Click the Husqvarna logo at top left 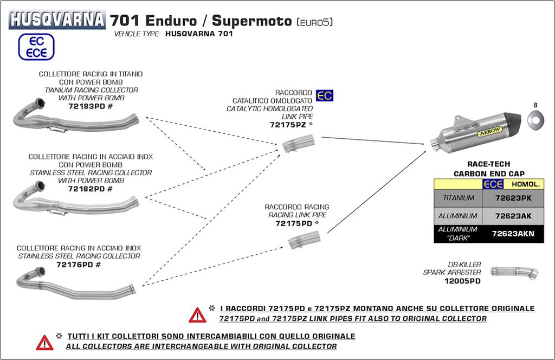(x=56, y=20)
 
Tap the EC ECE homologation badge (x=36, y=47)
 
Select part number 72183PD (x=87, y=107)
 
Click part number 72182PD (x=87, y=189)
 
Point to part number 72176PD (x=75, y=265)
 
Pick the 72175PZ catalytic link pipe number (x=288, y=125)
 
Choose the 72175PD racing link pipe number (x=294, y=223)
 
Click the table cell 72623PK (x=513, y=198)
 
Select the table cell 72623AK (x=513, y=216)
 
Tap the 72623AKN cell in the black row (x=513, y=234)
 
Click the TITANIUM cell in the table (x=459, y=198)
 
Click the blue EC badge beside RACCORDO (x=325, y=96)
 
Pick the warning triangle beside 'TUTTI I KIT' (x=44, y=342)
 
